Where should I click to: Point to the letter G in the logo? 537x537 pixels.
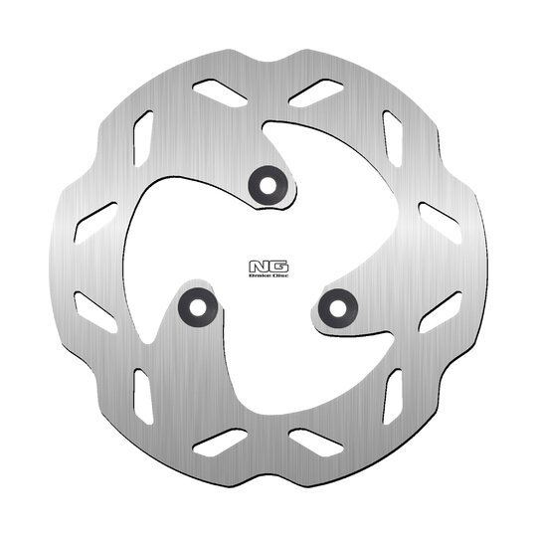pyautogui.click(x=273, y=266)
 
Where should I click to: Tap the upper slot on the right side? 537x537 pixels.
pyautogui.click(x=438, y=216)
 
